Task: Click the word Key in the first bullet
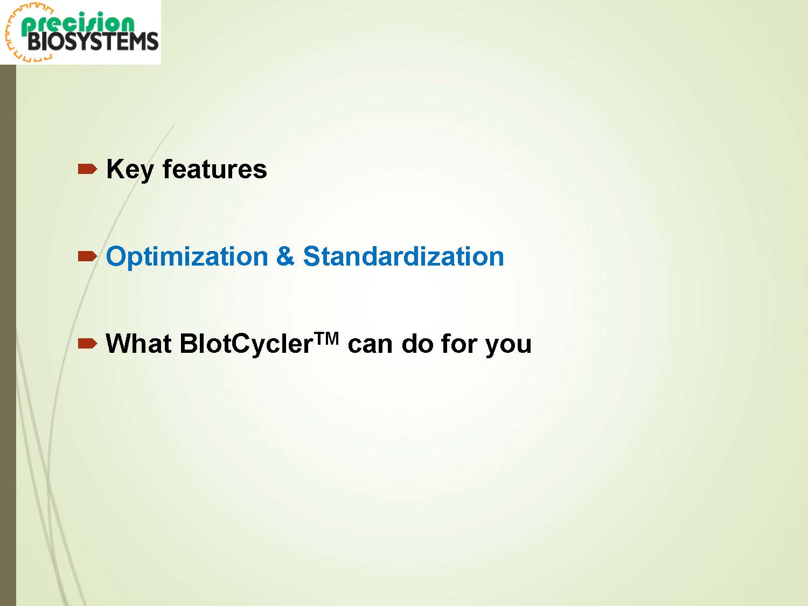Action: click(x=130, y=170)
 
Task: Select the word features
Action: click(x=214, y=169)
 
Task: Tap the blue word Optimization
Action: click(x=186, y=257)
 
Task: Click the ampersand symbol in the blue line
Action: click(x=285, y=256)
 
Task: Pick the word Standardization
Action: click(x=403, y=256)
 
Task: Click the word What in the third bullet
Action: click(x=138, y=343)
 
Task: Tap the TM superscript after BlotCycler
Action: click(x=326, y=338)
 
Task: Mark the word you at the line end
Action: click(x=509, y=346)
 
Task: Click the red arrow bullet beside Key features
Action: click(x=88, y=169)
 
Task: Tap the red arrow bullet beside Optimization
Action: click(x=88, y=256)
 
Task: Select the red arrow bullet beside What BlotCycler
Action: click(x=88, y=344)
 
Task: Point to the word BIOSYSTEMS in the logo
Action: click(x=93, y=41)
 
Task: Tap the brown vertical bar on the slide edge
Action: click(x=8, y=335)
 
